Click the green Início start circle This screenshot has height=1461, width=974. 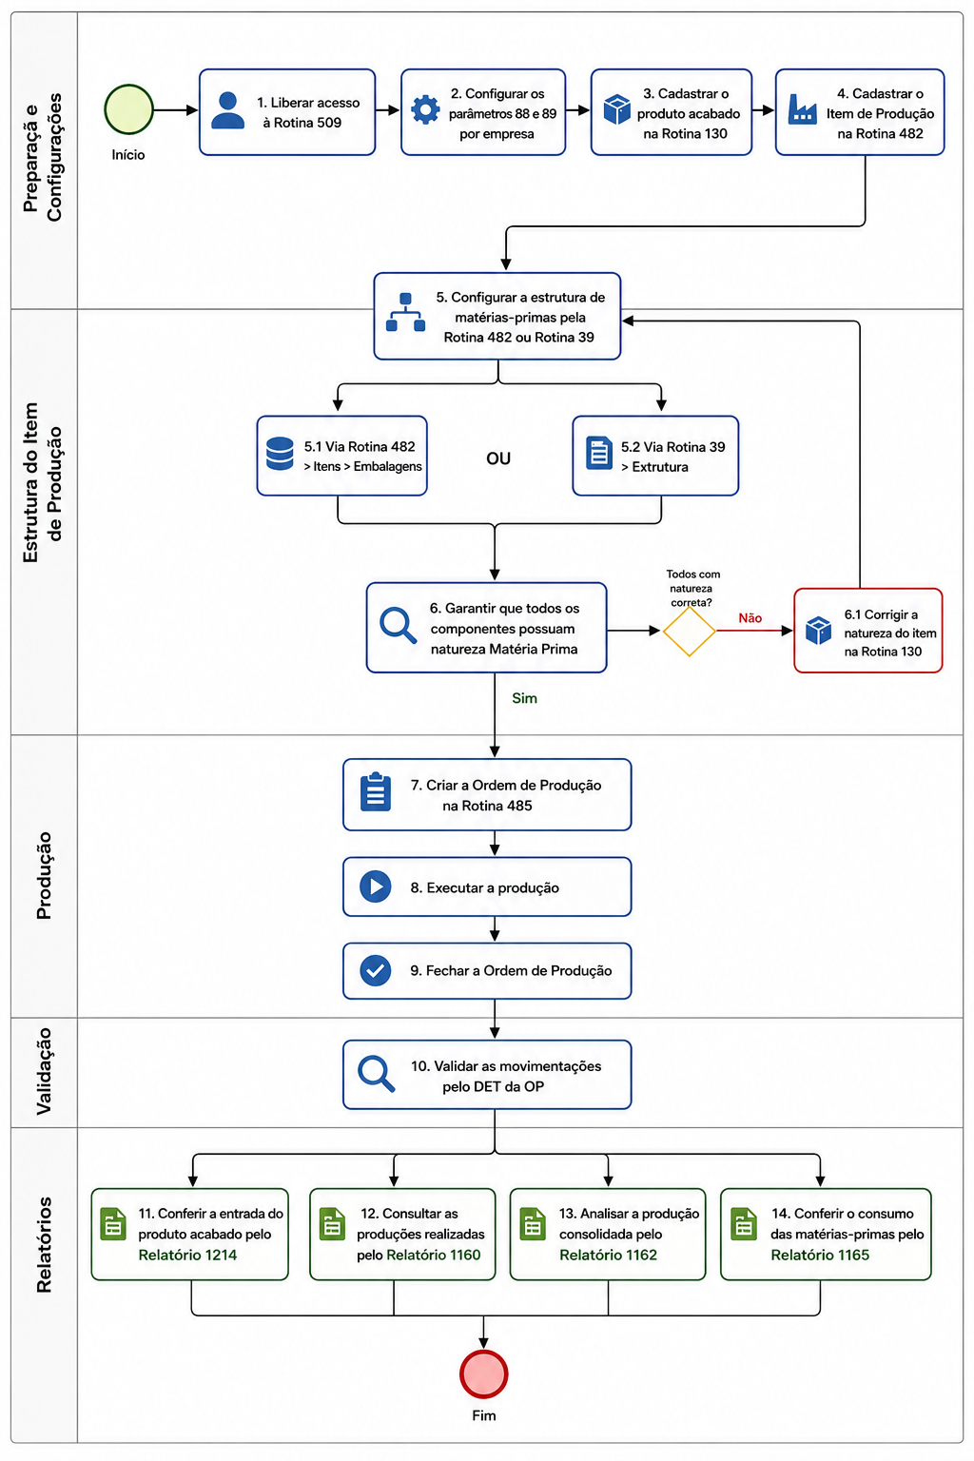coord(128,109)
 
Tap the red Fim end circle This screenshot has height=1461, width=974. coord(483,1374)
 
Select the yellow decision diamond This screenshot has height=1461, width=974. coord(689,631)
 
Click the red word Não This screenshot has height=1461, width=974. coord(750,617)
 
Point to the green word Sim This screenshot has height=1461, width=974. coord(524,698)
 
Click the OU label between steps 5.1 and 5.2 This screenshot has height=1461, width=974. coord(498,458)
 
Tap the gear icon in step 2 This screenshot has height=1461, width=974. coord(425,109)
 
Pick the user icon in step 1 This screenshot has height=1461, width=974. coord(227,110)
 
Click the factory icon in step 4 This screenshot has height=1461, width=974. coord(803,109)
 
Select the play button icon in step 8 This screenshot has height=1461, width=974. coord(375,886)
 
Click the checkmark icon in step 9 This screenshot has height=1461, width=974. coord(375,970)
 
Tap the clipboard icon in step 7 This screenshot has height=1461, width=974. coord(375,791)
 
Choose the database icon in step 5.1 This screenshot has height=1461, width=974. coord(280,454)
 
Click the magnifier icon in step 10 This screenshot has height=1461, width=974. coord(377,1074)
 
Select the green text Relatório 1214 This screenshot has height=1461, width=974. coord(187,1255)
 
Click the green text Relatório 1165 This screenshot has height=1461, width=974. coord(820,1255)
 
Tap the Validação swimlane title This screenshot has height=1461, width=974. coord(44,1071)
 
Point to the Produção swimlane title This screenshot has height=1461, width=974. coord(44,875)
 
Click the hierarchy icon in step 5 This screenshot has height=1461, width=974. coord(405,312)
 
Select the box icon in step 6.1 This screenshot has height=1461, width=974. coord(818,630)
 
